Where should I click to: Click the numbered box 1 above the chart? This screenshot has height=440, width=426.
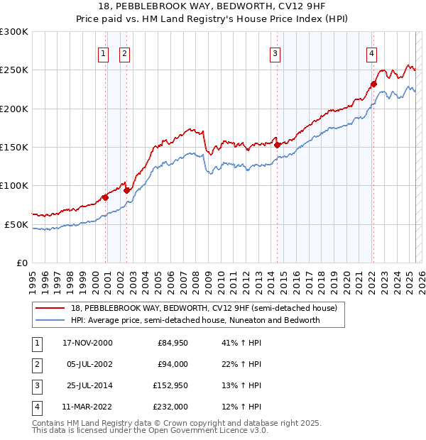(103, 53)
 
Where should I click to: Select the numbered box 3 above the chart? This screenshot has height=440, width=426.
(275, 53)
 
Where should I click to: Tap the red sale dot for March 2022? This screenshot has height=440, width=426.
(373, 84)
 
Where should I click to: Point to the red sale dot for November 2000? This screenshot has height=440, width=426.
(105, 197)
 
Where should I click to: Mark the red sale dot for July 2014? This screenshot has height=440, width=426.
(278, 145)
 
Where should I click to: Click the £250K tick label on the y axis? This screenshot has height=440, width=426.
(15, 70)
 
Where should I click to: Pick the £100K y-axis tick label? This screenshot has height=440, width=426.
(15, 185)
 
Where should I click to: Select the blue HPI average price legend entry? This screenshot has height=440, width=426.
(195, 320)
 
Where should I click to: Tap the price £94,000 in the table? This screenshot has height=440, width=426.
(172, 364)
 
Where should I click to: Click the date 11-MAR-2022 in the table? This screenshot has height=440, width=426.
(87, 407)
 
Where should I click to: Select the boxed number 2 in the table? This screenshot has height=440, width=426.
(37, 364)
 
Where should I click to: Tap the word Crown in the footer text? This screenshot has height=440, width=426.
(175, 423)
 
